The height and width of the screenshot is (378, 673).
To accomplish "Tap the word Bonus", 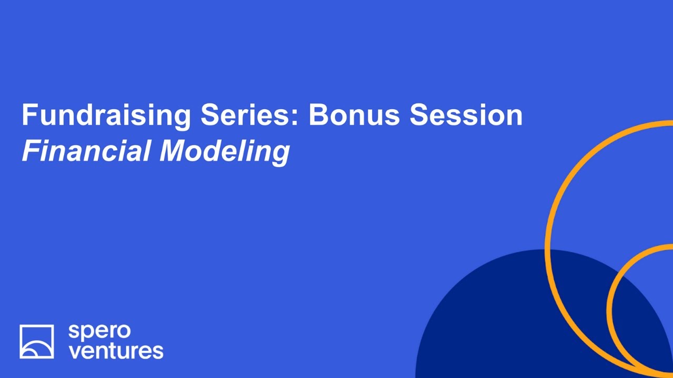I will (354, 115).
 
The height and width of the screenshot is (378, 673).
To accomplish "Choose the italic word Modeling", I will (225, 151).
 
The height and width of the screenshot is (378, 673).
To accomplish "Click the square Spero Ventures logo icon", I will (37, 341).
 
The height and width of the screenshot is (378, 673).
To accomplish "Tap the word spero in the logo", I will (100, 332).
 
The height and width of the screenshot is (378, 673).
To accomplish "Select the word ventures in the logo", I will (116, 350).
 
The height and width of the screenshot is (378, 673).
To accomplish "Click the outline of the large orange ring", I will (548, 247).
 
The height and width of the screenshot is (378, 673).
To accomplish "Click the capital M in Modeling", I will (173, 151).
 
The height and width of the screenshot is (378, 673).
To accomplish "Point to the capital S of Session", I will (419, 115).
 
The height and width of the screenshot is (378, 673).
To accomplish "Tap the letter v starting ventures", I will (74, 351).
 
